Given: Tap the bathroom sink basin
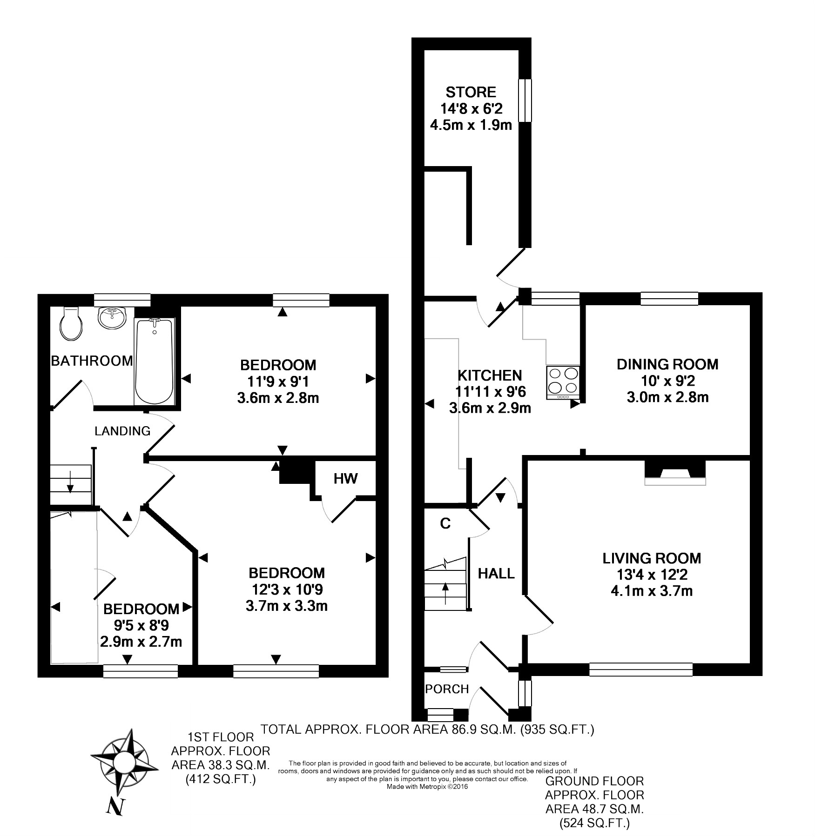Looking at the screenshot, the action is point(112,318).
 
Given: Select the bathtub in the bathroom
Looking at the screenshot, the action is point(154,361).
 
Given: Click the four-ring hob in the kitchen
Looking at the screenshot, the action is point(564,381).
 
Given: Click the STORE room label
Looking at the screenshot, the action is point(471,92).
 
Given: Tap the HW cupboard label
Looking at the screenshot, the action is point(345,478).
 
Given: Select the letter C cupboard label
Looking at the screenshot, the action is point(445,524).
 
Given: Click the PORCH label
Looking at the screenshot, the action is point(447,689).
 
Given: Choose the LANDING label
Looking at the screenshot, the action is point(122,431).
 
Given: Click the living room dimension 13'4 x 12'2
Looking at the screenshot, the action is point(651,575).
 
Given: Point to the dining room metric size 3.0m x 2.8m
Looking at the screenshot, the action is point(667,397).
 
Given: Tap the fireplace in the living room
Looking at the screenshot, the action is point(675,474).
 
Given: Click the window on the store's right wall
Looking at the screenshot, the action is point(525,100).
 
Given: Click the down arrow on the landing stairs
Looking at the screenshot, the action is point(70,487).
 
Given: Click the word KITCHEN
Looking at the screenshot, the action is point(490,375).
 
